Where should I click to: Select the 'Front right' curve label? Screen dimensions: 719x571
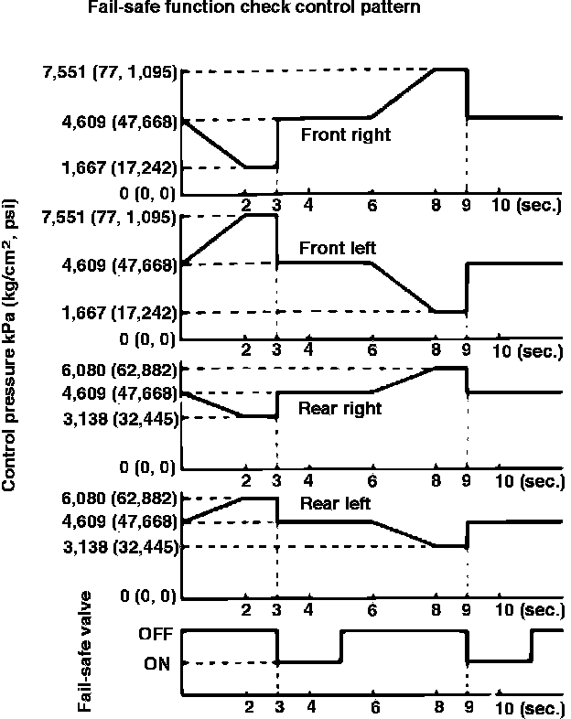346,135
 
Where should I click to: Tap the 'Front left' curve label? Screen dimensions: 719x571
338,248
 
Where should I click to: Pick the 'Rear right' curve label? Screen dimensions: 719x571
339,408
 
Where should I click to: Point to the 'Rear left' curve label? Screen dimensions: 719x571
334,503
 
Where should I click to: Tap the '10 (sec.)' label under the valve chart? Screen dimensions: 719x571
526,708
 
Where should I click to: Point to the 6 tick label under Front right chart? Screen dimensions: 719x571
372,206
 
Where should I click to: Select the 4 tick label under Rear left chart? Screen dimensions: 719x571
309,609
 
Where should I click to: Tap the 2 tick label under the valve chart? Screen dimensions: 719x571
249,707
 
